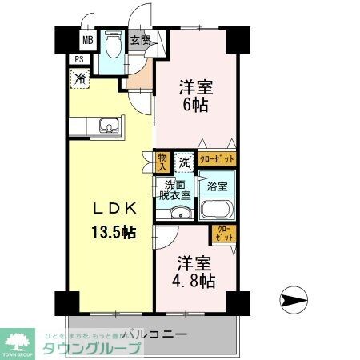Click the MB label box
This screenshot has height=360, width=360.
[x=85, y=39]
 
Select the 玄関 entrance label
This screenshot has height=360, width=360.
[x=140, y=40]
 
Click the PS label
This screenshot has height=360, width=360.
[x=78, y=59]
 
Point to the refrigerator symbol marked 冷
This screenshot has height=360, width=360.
[x=80, y=78]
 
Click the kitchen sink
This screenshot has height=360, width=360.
[x=107, y=126]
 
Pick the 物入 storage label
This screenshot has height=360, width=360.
[x=162, y=163]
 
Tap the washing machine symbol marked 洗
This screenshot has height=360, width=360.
[x=184, y=162]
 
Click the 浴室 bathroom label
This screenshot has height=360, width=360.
[x=216, y=186]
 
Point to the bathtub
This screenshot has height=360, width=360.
[x=216, y=210]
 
